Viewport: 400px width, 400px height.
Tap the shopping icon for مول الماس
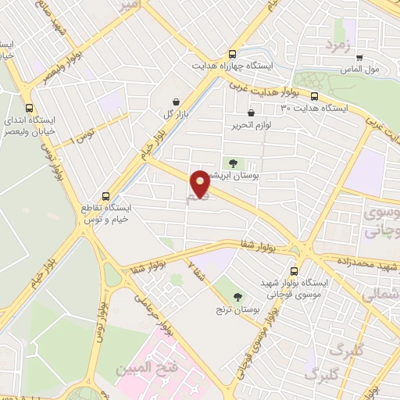(x=359, y=57)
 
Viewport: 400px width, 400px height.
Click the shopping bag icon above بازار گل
(x=175, y=101)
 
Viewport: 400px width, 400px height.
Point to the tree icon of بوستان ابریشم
(x=232, y=162)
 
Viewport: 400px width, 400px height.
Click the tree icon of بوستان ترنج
(x=238, y=295)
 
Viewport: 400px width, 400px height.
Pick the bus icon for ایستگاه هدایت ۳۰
(x=313, y=96)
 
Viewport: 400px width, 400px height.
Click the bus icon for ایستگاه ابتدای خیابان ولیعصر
(x=30, y=109)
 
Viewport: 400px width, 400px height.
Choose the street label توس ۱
(x=81, y=139)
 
